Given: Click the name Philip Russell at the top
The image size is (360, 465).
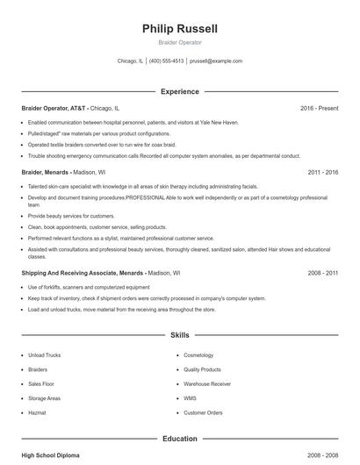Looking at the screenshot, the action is click(x=179, y=29).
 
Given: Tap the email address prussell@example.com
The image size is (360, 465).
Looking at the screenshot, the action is click(x=216, y=61).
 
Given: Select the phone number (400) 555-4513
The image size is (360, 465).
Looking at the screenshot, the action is click(x=166, y=61).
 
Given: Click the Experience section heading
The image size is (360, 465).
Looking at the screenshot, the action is click(x=179, y=91).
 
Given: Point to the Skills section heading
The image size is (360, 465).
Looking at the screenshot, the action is click(x=179, y=335).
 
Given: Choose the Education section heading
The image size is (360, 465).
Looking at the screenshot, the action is click(x=179, y=439).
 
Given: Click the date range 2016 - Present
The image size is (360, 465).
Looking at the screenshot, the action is click(x=319, y=108).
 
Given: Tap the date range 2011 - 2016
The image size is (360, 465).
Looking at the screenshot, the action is click(x=323, y=173).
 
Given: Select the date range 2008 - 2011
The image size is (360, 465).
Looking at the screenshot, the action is click(x=323, y=273).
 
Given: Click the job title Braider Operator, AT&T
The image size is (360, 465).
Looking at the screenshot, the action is click(x=54, y=108).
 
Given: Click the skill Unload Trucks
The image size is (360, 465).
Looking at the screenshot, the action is click(x=44, y=355).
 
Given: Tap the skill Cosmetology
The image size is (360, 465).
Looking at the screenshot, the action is click(x=198, y=355).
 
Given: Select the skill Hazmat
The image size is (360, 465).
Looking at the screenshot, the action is click(x=38, y=412).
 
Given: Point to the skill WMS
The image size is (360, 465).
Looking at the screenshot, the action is click(x=190, y=398).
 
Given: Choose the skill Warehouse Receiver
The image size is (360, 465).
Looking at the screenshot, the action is click(x=207, y=384).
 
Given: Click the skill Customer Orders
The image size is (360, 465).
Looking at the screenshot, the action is click(x=203, y=412).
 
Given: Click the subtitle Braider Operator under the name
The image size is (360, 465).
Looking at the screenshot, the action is click(x=179, y=42).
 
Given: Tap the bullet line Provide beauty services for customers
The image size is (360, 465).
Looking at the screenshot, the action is click(x=71, y=215).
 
